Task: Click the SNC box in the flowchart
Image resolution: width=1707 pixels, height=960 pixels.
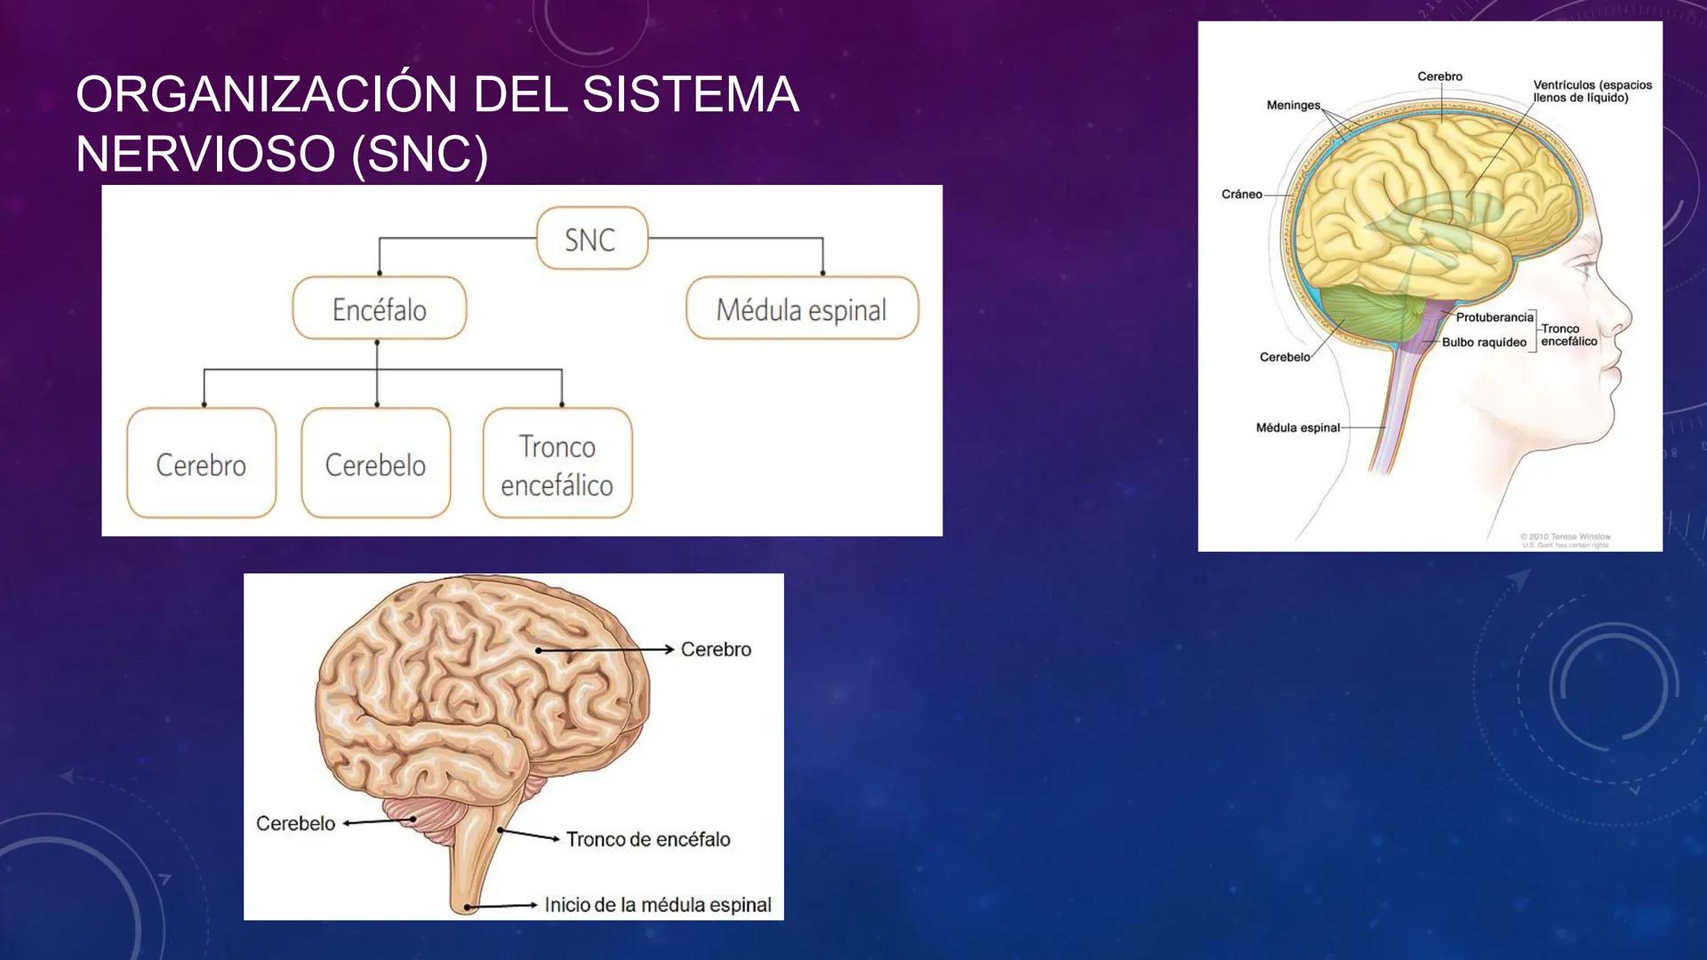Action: (x=591, y=238)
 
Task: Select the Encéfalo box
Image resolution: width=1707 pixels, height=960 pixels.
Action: (x=379, y=308)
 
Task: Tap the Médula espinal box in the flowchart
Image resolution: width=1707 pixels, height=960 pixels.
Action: (x=801, y=308)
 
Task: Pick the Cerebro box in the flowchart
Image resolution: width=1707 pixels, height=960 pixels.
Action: (x=201, y=463)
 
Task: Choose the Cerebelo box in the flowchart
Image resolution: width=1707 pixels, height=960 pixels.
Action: (x=375, y=463)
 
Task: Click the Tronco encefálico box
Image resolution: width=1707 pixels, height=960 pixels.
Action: (x=557, y=463)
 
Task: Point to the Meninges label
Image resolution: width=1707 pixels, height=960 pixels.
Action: (x=1293, y=105)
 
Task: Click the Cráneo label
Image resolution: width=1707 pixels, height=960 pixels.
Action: (x=1241, y=194)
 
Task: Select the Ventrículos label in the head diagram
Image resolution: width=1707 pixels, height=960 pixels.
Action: (x=1591, y=91)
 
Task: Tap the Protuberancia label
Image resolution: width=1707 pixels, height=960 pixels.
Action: (x=1495, y=317)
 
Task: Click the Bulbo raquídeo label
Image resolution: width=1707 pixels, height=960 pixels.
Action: (x=1484, y=342)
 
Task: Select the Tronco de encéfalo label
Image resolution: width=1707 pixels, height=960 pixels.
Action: (x=647, y=839)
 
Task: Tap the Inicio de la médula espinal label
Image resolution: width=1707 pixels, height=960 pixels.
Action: (x=657, y=905)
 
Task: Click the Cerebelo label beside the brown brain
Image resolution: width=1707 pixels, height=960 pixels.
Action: (x=295, y=823)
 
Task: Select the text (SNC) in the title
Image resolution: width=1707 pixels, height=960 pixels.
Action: (x=420, y=154)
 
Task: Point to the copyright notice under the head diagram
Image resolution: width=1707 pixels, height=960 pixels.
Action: (x=1565, y=540)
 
